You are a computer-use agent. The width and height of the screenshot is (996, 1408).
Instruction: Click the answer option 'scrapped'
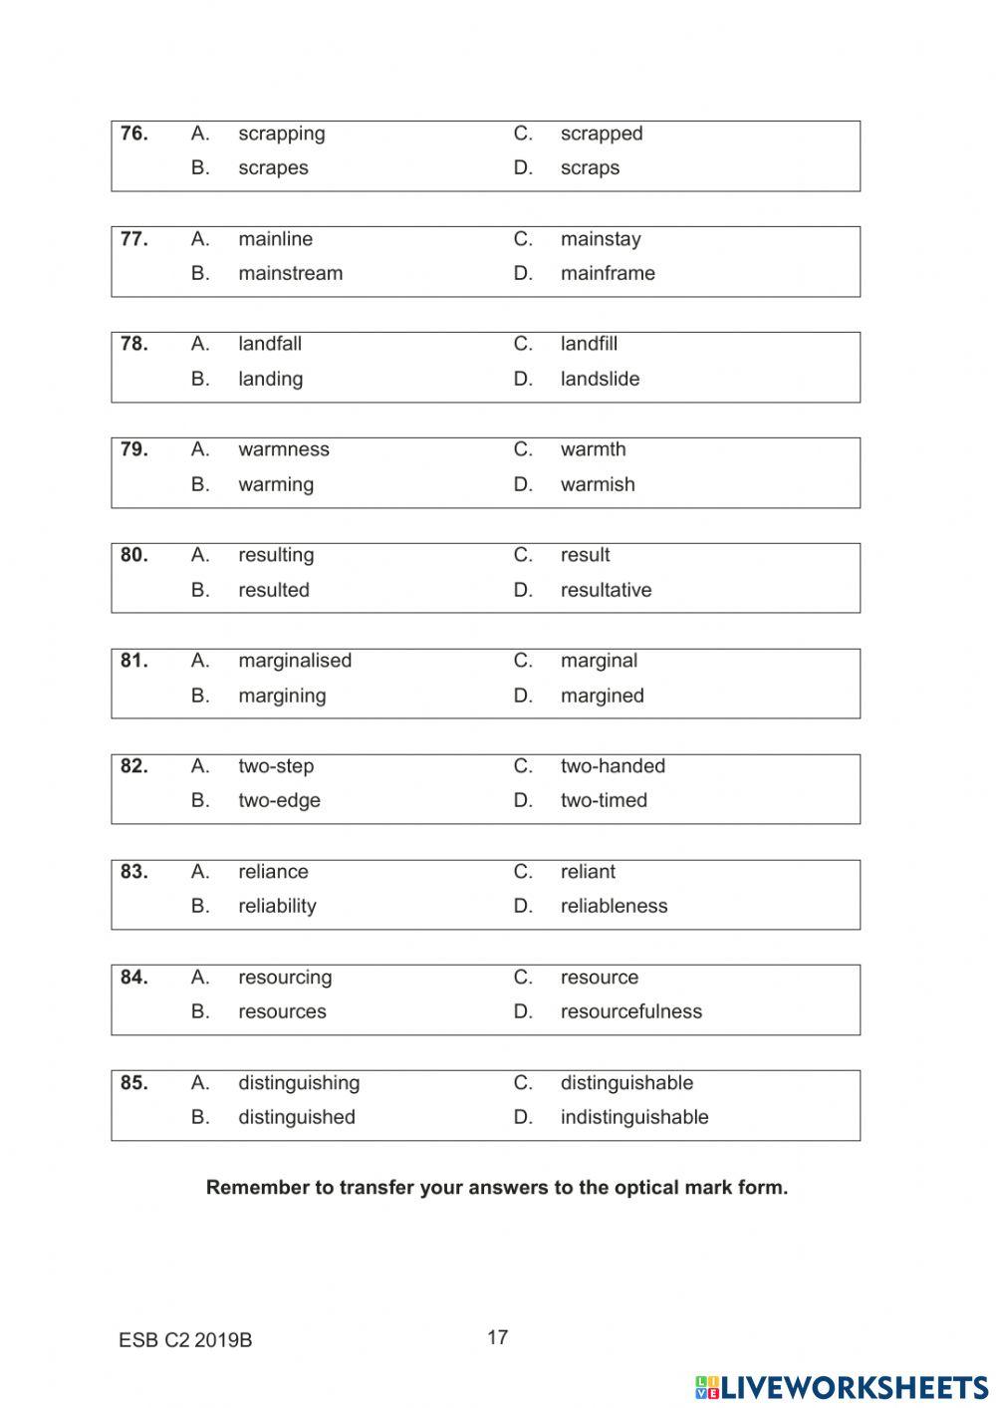[x=601, y=134]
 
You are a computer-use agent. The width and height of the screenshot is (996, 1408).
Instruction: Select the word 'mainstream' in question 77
[x=290, y=273]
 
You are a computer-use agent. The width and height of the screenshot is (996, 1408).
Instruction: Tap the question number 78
[x=133, y=344]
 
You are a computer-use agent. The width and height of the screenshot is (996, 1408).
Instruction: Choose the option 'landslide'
[x=600, y=379]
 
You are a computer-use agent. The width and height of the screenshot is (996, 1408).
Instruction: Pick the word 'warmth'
[x=593, y=449]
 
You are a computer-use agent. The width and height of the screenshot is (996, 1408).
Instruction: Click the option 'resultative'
[x=606, y=590]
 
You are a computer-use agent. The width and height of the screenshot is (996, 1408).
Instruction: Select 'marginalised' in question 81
[x=294, y=661]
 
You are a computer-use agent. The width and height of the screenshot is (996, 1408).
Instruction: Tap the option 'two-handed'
[x=613, y=766]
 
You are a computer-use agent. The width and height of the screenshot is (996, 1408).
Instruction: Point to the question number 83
[x=133, y=872]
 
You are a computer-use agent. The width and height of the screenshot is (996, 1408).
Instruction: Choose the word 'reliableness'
[x=614, y=906]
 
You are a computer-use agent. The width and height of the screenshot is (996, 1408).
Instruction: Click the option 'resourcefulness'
[x=630, y=1011]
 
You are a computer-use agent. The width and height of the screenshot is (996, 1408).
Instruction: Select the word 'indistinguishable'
[x=634, y=1117]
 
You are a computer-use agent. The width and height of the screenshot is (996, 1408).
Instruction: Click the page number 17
[x=498, y=1337]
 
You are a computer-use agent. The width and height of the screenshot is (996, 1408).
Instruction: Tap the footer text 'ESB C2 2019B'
[x=185, y=1340]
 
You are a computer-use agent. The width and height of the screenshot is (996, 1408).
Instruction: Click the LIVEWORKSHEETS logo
[x=842, y=1387]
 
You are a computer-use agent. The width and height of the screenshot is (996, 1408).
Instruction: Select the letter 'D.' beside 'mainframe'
[x=523, y=273]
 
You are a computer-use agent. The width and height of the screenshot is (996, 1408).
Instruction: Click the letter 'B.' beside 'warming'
[x=200, y=484]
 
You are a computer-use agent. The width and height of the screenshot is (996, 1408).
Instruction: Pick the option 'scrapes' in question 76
[x=273, y=168]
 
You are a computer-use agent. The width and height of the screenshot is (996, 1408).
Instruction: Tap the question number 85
[x=133, y=1083]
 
